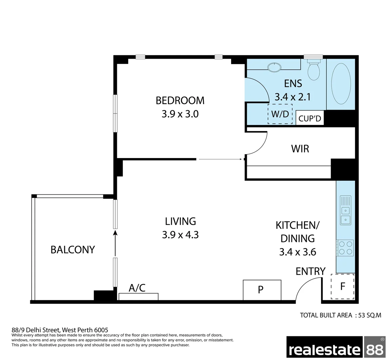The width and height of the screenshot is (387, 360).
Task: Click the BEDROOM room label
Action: pyautogui.click(x=180, y=100)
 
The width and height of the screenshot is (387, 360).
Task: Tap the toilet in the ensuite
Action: pyautogui.click(x=313, y=70)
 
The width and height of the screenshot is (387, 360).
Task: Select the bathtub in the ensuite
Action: pyautogui.click(x=341, y=84)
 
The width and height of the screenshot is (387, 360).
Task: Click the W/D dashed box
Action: pyautogui.click(x=280, y=114)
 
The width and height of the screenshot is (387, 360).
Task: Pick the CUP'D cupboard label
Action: pyautogui.click(x=310, y=119)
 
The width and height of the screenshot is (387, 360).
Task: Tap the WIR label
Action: pyautogui.click(x=300, y=149)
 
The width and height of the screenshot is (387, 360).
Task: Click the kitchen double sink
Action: pyautogui.click(x=345, y=210)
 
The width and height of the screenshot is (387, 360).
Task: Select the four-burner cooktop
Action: pyautogui.click(x=345, y=248)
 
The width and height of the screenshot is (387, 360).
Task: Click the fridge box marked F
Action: pyautogui.click(x=342, y=286)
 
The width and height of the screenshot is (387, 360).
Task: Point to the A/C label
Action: pyautogui.click(x=137, y=288)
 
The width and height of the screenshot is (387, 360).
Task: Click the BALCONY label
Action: pyautogui.click(x=73, y=250)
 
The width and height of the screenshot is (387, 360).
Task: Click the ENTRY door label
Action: pyautogui.click(x=310, y=271)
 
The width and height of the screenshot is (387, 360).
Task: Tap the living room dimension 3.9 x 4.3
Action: pyautogui.click(x=180, y=235)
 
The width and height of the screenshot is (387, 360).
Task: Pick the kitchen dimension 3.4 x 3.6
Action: pyautogui.click(x=297, y=252)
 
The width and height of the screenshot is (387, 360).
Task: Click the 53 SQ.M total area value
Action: pyautogui.click(x=369, y=315)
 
